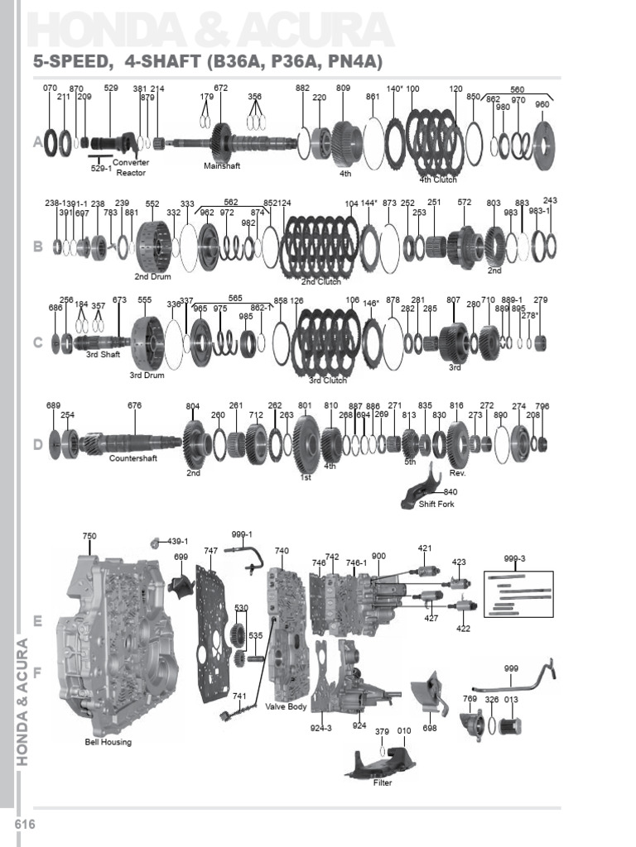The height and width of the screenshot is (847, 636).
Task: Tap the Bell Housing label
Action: [x=108, y=742]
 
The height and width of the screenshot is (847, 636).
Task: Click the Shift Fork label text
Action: [x=436, y=505]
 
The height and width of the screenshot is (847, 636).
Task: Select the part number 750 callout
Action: [x=89, y=536]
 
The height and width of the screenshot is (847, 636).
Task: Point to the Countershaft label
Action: [x=133, y=457]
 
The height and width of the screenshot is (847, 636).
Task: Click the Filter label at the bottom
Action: [x=382, y=782]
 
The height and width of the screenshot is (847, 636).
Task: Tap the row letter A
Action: [x=37, y=142]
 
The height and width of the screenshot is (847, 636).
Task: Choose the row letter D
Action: [x=37, y=445]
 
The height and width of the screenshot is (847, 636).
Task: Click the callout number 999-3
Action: [x=514, y=558]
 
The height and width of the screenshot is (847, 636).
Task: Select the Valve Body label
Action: [x=286, y=707]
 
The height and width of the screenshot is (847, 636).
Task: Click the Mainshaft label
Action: [x=221, y=165]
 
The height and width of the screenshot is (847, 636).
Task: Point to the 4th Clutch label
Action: [x=438, y=179]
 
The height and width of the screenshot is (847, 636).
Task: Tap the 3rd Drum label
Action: [x=147, y=376]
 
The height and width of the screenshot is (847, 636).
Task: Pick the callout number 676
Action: [x=135, y=405]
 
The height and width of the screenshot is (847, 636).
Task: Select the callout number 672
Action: [x=221, y=88]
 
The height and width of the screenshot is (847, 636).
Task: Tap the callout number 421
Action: [x=425, y=548]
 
